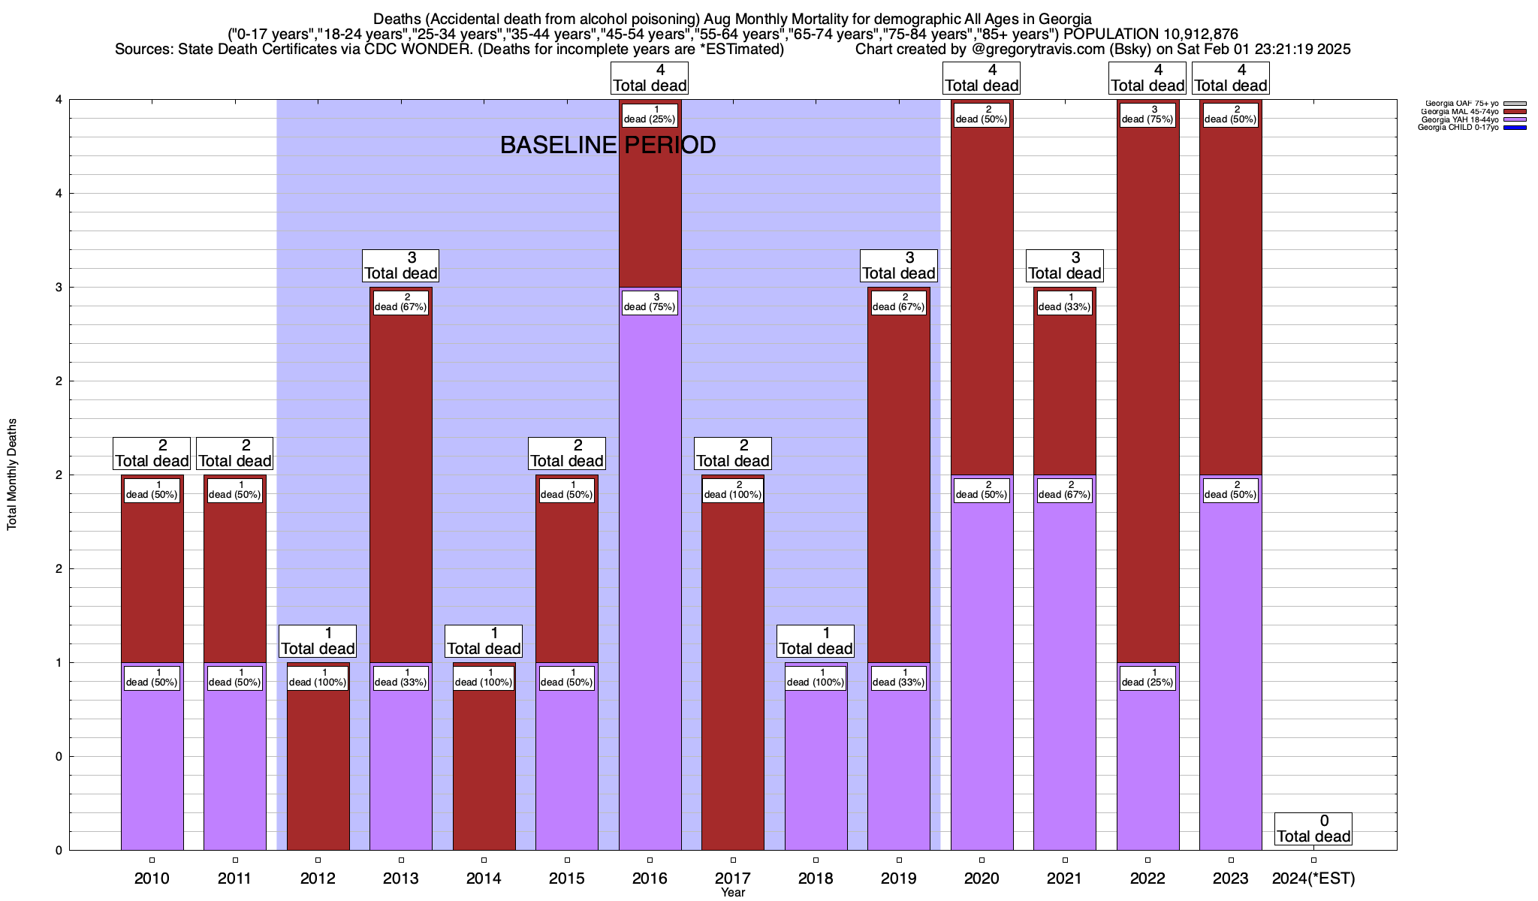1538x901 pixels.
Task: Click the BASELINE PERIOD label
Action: pyautogui.click(x=608, y=145)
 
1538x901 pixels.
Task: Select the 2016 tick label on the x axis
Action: pyautogui.click(x=650, y=878)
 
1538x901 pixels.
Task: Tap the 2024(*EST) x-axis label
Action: pyautogui.click(x=1313, y=878)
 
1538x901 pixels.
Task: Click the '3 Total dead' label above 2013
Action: pyautogui.click(x=400, y=266)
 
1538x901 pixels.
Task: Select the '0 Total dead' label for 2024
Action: pyautogui.click(x=1313, y=829)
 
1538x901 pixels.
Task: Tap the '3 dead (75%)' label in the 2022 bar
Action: pyautogui.click(x=1147, y=114)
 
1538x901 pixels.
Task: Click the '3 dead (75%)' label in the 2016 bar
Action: pyautogui.click(x=650, y=302)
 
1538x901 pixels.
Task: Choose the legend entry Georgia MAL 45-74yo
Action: pyautogui.click(x=1459, y=111)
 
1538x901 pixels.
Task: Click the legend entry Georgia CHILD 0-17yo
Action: pyautogui.click(x=1459, y=128)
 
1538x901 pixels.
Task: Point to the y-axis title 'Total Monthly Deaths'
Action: pyautogui.click(x=12, y=475)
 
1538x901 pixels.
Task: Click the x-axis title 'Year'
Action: pyautogui.click(x=732, y=893)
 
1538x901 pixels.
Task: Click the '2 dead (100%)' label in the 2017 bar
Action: pyautogui.click(x=733, y=490)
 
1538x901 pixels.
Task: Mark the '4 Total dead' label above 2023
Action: pyautogui.click(x=1231, y=78)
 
